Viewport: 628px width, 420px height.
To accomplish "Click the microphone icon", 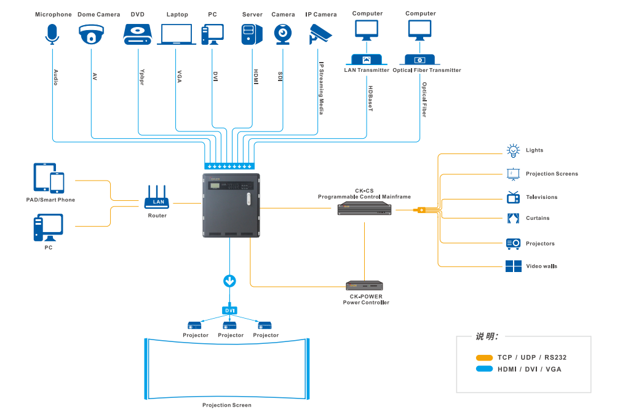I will tap(52, 34).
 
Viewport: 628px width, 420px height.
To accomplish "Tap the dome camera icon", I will tap(92, 34).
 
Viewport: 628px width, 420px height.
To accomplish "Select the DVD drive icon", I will tap(137, 34).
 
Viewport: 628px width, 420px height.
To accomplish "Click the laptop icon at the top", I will tap(177, 34).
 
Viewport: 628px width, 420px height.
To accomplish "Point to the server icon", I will tap(252, 34).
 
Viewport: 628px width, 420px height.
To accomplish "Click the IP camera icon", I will tap(320, 34).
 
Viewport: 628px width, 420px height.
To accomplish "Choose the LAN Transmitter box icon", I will tap(367, 60).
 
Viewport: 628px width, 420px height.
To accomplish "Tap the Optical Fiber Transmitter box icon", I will tap(420, 60).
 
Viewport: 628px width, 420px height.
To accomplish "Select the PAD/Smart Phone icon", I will tap(49, 178).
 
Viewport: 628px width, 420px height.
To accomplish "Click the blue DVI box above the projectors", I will tap(229, 311).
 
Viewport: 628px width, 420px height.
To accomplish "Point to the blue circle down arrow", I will tap(229, 281).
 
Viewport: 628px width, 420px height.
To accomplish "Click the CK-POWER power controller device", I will tap(365, 286).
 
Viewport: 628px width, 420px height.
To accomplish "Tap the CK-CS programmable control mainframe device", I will tap(365, 209).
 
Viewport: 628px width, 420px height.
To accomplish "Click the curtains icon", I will tap(513, 218).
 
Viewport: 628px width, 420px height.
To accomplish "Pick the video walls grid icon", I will tap(513, 266).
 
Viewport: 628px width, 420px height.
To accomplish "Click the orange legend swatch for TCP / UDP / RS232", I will tap(484, 357).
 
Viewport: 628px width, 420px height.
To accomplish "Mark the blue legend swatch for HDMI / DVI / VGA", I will tap(484, 369).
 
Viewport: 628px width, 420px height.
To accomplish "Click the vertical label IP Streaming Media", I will tap(321, 87).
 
